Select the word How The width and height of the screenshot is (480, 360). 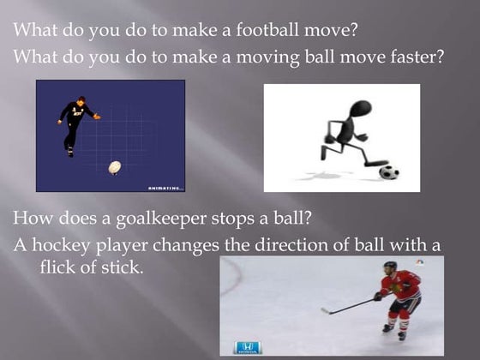33,218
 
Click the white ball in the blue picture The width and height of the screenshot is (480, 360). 114,167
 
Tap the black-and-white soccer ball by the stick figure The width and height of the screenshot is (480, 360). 388,171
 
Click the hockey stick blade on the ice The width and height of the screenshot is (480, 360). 327,311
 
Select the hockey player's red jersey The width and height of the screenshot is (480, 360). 399,285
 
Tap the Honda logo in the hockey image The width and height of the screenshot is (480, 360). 246,347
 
